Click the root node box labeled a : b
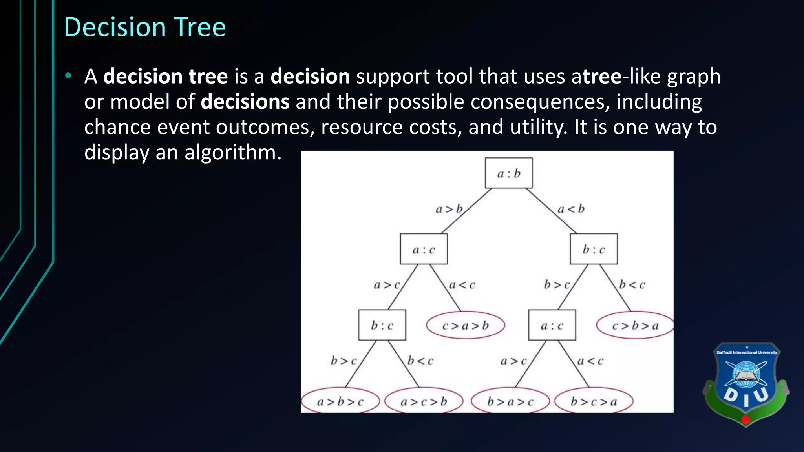point(509,173)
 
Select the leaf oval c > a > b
point(465,325)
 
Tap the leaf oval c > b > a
point(635,325)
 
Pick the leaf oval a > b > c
point(340,401)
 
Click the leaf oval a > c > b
point(424,401)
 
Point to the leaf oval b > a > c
point(510,401)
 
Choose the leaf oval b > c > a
point(594,401)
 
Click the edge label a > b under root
point(449,209)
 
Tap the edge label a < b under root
point(571,209)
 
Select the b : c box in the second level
point(594,249)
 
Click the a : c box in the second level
point(424,249)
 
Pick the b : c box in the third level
point(382,325)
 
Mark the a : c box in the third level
point(552,325)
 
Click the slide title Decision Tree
point(145,27)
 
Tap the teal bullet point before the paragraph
point(69,75)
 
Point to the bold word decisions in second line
point(245,102)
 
